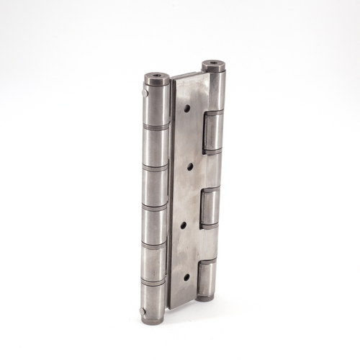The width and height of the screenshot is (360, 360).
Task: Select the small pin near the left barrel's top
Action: point(144,92)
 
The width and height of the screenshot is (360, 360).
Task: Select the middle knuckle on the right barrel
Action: point(210,207)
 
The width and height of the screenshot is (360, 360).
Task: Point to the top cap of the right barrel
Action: point(213,67)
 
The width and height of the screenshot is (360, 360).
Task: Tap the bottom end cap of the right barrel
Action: point(205,296)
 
